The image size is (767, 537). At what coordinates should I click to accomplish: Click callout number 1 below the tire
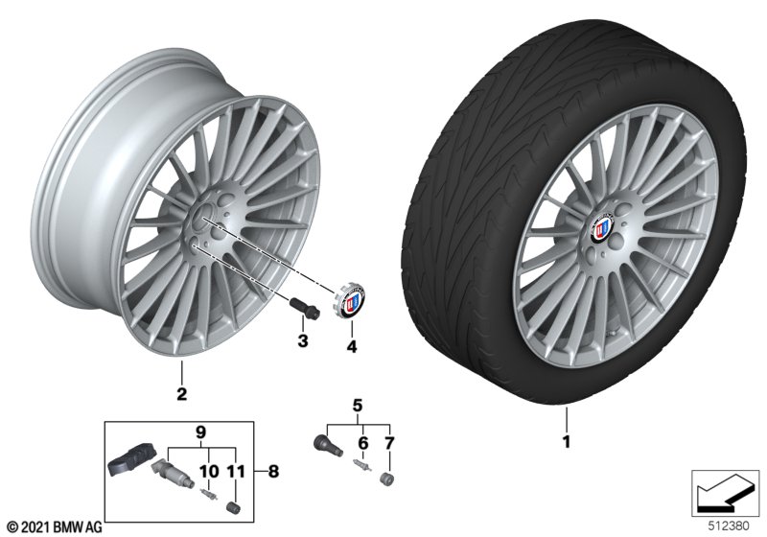[x=567, y=442]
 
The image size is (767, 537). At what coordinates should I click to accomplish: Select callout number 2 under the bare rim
[x=182, y=394]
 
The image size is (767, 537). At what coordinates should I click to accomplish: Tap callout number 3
[x=303, y=340]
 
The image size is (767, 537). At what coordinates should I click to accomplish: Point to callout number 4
[x=352, y=346]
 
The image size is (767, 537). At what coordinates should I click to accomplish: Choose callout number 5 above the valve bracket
[x=358, y=406]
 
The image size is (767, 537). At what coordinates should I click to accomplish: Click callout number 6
[x=363, y=444]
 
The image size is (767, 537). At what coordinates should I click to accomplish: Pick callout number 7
[x=389, y=444]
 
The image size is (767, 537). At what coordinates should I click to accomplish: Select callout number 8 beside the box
[x=273, y=472]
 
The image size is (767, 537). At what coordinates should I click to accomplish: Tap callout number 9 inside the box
[x=201, y=432]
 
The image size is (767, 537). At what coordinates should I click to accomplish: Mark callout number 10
[x=209, y=472]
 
